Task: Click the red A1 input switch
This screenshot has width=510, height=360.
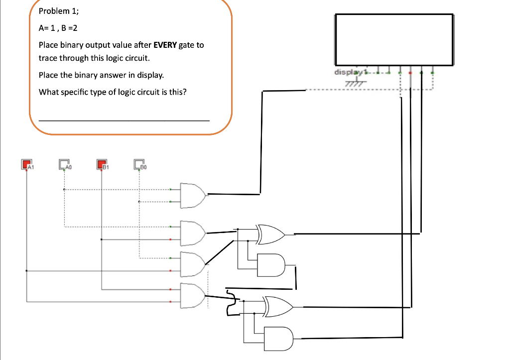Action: pyautogui.click(x=26, y=164)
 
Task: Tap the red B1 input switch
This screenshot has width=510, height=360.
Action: pyautogui.click(x=102, y=164)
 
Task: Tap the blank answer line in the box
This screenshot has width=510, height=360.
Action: pyautogui.click(x=124, y=120)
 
